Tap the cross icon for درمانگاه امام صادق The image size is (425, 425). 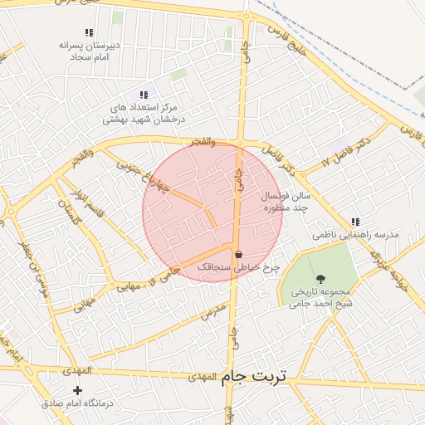click(78, 389)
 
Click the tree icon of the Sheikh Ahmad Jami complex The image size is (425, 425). click(321, 278)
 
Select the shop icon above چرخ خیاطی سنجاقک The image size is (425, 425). click(239, 254)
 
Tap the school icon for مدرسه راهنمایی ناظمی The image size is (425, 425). click(356, 222)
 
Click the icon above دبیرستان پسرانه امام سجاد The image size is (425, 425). click(89, 32)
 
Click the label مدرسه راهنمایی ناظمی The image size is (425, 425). click(356, 235)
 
